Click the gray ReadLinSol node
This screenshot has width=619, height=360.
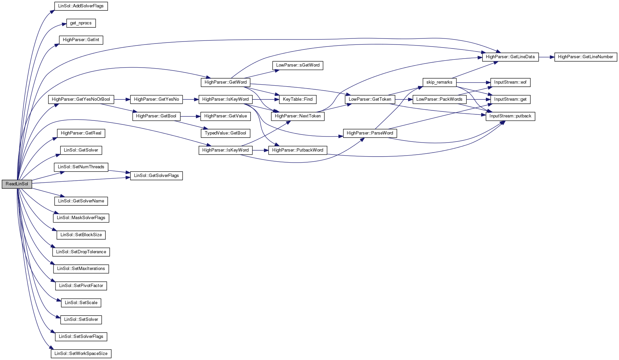pos(17,184)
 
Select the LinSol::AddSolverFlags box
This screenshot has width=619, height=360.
pos(81,6)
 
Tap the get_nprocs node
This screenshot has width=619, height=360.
pos(81,23)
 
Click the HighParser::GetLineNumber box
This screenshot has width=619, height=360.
pos(585,57)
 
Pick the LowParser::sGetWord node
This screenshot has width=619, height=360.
pos(298,65)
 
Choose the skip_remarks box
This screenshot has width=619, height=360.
pos(439,82)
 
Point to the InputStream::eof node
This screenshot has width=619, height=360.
pos(510,82)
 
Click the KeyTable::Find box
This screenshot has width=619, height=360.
pos(298,99)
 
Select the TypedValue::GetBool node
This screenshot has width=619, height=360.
pos(225,133)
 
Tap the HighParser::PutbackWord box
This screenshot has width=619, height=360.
pos(298,150)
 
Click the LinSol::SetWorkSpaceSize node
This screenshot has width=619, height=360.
pos(81,354)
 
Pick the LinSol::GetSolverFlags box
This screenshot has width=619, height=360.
pos(156,176)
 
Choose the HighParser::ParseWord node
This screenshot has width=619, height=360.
pos(370,133)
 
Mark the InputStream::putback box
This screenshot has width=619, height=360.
pos(510,116)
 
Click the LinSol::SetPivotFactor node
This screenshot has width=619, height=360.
pos(81,286)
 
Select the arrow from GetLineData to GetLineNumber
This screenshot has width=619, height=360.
pos(546,57)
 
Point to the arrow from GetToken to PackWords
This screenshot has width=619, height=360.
pos(404,99)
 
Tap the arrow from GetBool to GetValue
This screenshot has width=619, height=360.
pos(190,116)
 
